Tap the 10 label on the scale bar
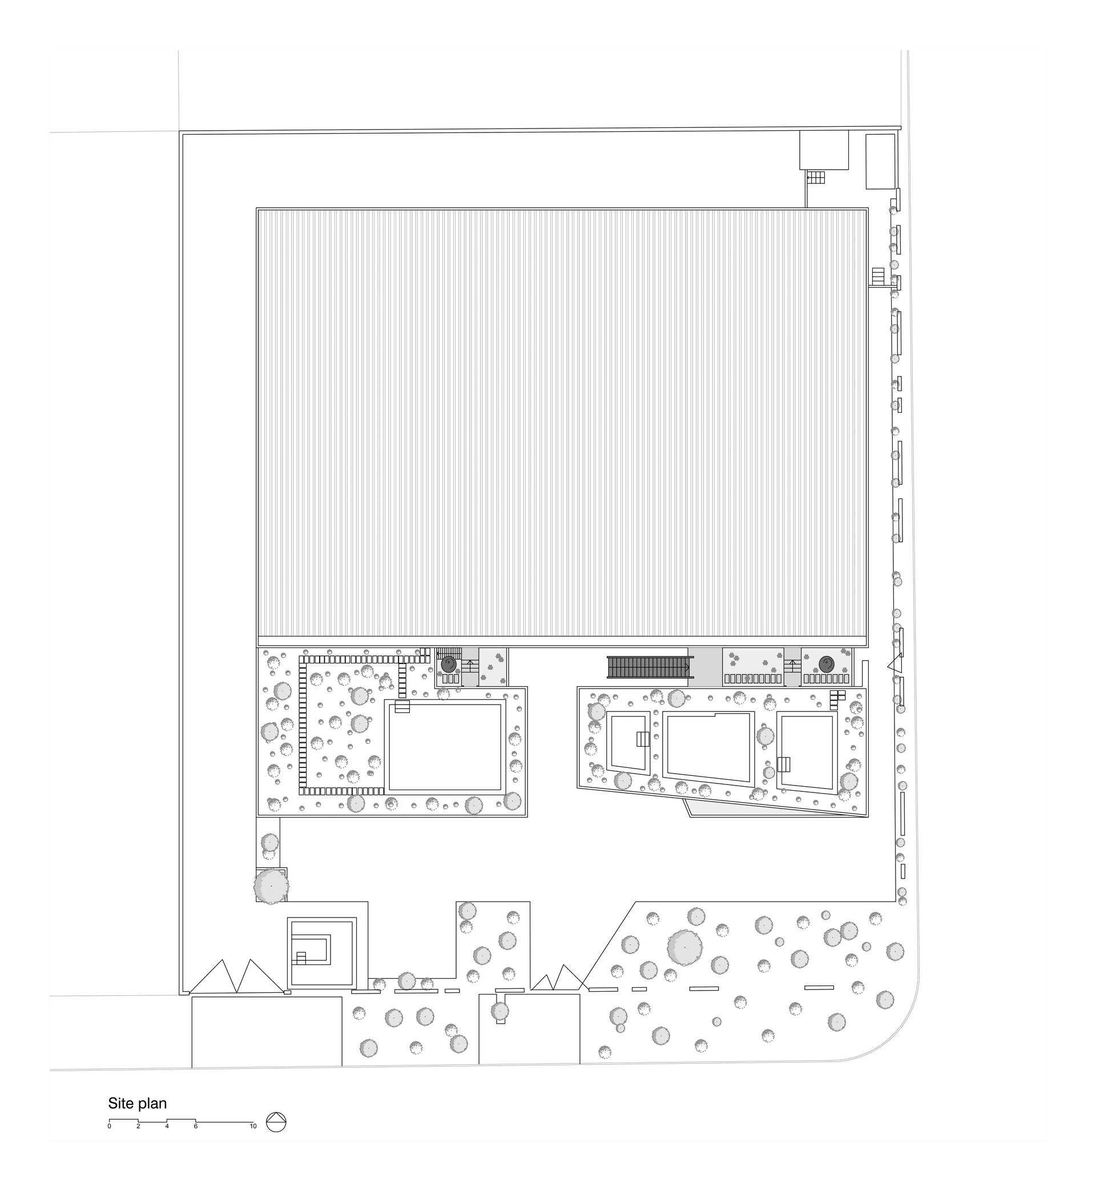coord(253,1126)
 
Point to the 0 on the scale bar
coord(109,1126)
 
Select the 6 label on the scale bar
coord(196,1126)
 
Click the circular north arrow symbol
coord(276,1121)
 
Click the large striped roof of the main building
coord(562,427)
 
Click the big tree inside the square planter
coord(271,886)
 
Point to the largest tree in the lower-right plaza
coord(684,947)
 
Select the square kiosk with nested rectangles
coord(323,952)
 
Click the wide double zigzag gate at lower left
coord(237,976)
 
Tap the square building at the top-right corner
coord(824,150)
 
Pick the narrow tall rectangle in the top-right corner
coord(880,162)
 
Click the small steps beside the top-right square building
coord(816,177)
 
